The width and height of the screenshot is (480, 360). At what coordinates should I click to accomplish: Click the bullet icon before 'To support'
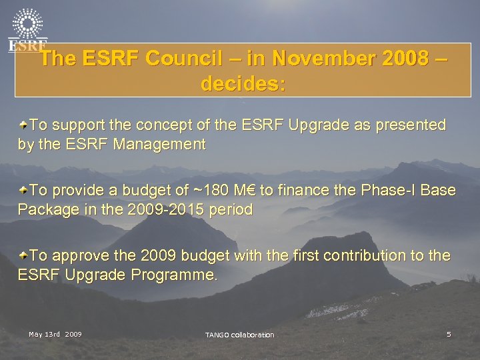(x=23, y=124)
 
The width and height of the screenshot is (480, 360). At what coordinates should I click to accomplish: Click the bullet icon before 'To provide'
(x=23, y=190)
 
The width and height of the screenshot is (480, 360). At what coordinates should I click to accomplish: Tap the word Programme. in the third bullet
(x=174, y=275)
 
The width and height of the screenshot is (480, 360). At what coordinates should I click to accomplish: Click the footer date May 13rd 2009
(x=55, y=333)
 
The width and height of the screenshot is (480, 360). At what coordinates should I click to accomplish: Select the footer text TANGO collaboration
(x=239, y=334)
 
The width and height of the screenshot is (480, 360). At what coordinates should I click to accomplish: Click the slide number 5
(x=449, y=333)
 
